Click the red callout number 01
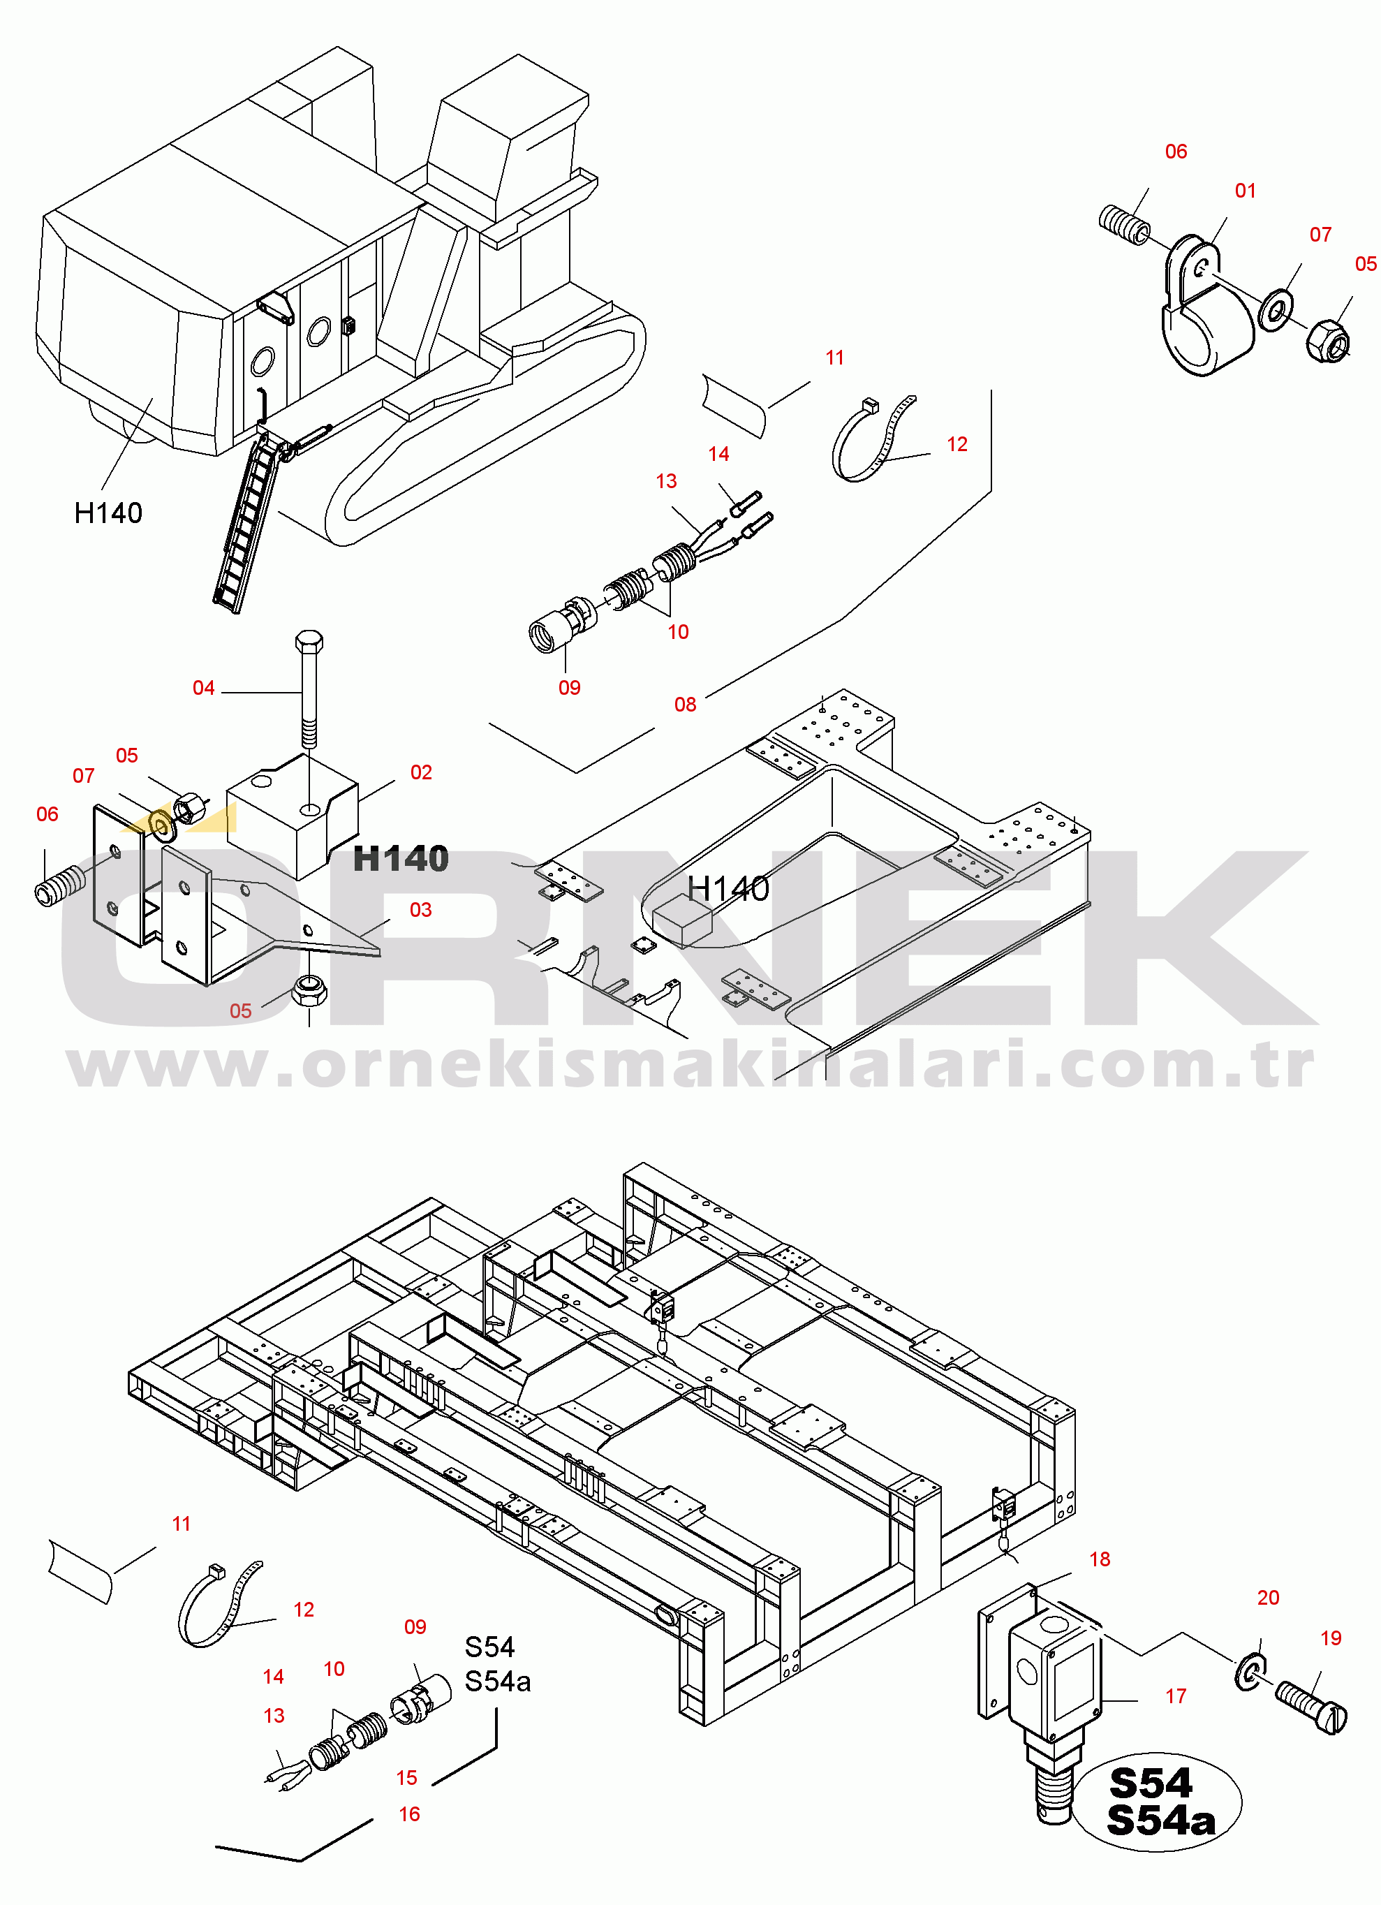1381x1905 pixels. coord(1245,191)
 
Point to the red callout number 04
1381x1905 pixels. coord(203,688)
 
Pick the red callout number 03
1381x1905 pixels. coord(420,910)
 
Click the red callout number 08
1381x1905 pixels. coord(685,705)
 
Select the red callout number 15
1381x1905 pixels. coord(406,1777)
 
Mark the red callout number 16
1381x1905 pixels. coord(409,1814)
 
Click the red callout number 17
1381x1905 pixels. coord(1175,1696)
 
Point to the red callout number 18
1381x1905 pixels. coord(1100,1559)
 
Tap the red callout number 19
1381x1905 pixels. coord(1331,1638)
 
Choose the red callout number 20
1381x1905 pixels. coord(1268,1598)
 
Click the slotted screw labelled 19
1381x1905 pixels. coord(1310,1705)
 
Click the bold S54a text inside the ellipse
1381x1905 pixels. coord(1161,1821)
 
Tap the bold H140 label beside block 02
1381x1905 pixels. coord(401,858)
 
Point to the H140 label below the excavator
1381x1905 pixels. coord(108,513)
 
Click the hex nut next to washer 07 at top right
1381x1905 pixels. coord(1327,340)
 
